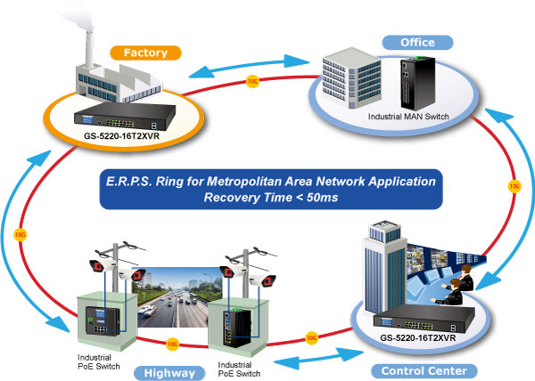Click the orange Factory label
click(144, 53)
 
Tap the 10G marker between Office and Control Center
click(514, 186)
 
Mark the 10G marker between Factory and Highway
click(21, 235)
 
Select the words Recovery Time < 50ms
click(266, 197)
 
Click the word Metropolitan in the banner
click(247, 181)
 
